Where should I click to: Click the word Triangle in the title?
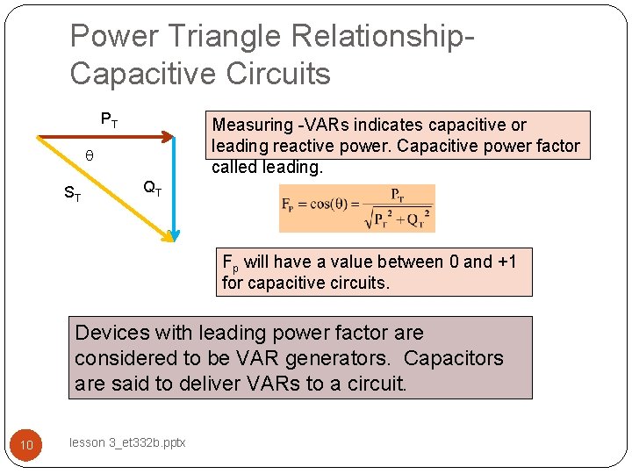pyautogui.click(x=210, y=37)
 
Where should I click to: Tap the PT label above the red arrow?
pyautogui.click(x=110, y=119)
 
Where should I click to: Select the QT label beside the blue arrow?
pyautogui.click(x=152, y=187)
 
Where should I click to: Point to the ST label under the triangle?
pyautogui.click(x=73, y=195)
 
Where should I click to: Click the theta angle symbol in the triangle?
pyautogui.click(x=88, y=156)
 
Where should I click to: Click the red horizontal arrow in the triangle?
pyautogui.click(x=105, y=136)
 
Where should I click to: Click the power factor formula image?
pyautogui.click(x=356, y=208)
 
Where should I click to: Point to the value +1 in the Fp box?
pyautogui.click(x=506, y=262)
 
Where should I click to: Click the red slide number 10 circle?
pyautogui.click(x=26, y=445)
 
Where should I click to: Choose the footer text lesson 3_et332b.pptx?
pyautogui.click(x=127, y=443)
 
